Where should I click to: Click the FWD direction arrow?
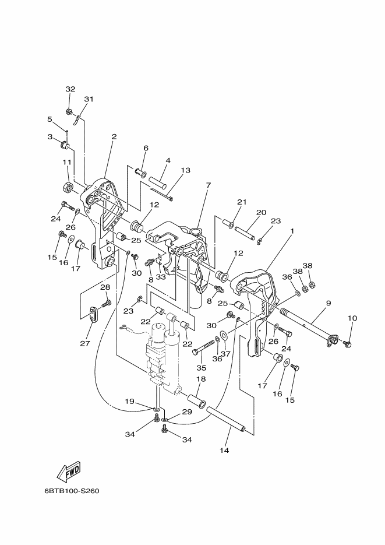(69, 471)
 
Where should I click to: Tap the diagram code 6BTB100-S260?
(72, 491)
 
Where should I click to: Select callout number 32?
(70, 89)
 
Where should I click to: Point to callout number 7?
(209, 185)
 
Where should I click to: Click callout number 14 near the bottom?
(224, 451)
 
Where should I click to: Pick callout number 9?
(328, 303)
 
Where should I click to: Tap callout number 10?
(352, 318)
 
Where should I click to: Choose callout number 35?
(202, 368)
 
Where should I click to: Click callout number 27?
(85, 343)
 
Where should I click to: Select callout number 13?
(186, 170)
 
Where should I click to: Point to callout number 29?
(187, 412)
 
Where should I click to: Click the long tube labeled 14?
(227, 421)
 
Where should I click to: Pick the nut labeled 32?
(69, 112)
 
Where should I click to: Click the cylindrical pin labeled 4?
(158, 181)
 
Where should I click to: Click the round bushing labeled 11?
(68, 187)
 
